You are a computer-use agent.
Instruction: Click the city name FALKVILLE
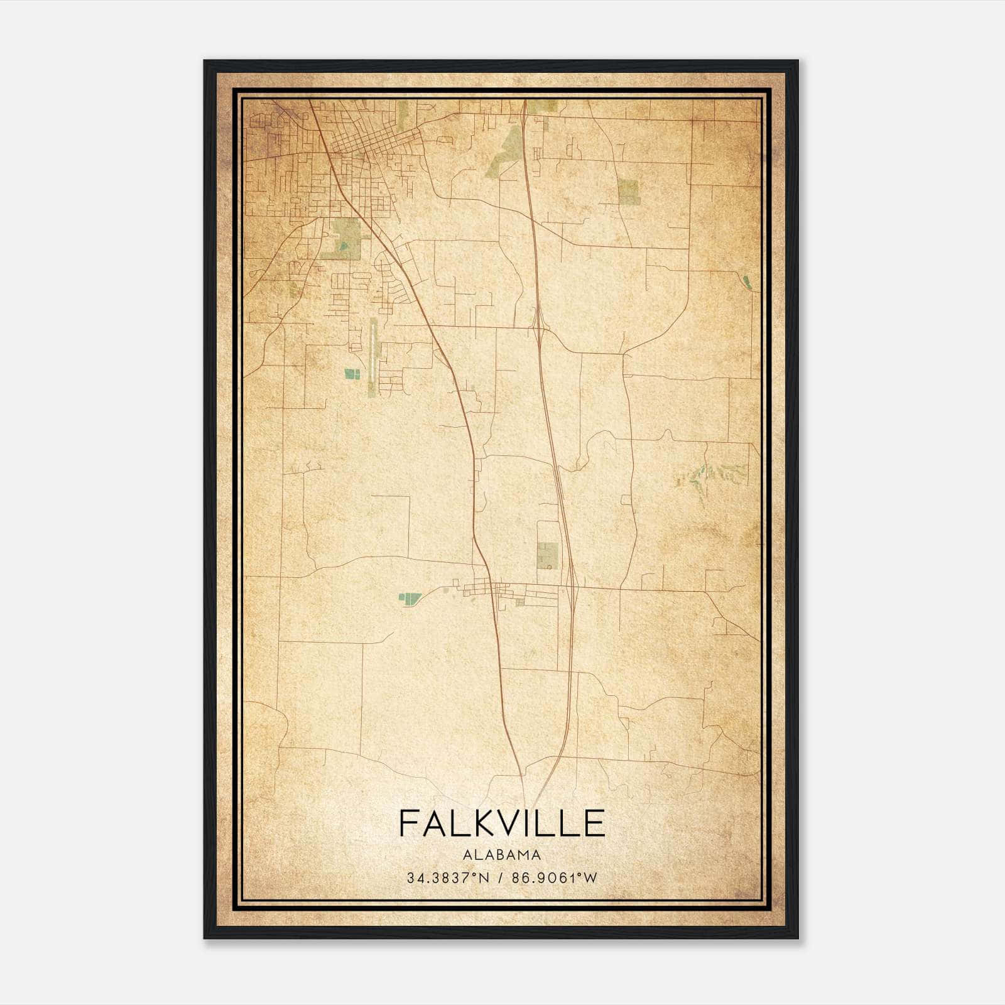(x=501, y=823)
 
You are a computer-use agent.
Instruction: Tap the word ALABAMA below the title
(x=501, y=854)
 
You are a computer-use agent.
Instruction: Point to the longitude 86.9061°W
(x=555, y=877)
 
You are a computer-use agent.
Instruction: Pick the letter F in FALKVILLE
(x=408, y=823)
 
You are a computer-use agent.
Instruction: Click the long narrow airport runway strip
(x=373, y=357)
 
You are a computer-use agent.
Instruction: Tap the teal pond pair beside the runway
(x=352, y=374)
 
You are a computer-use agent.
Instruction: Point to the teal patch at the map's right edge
(x=746, y=282)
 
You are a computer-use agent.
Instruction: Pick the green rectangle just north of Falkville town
(x=547, y=555)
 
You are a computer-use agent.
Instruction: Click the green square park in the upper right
(x=629, y=191)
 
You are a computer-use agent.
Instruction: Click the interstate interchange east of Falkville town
(x=573, y=587)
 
